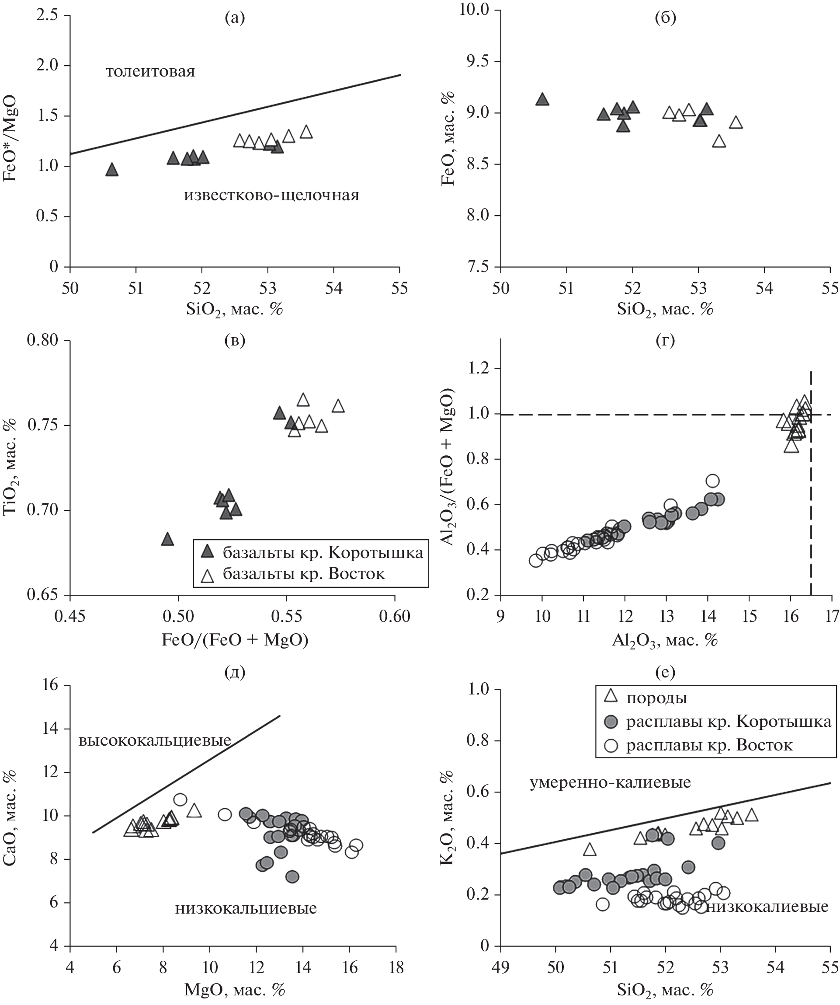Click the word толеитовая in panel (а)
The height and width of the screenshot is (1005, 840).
tap(150, 72)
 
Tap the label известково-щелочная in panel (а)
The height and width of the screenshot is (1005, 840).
tap(271, 195)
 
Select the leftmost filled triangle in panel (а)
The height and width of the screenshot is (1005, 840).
tap(111, 170)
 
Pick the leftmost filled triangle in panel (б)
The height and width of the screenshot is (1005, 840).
tap(541, 100)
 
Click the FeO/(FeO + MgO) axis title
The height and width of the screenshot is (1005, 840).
tap(234, 640)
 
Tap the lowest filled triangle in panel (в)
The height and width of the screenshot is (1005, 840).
tap(167, 539)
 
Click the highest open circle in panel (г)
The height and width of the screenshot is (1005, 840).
tap(713, 481)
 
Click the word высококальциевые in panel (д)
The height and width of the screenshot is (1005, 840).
tap(155, 741)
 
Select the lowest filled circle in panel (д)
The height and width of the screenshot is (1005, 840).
tap(292, 877)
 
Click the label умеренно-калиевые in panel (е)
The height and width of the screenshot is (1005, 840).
tap(610, 782)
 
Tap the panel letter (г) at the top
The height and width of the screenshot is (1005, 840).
tap(665, 340)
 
